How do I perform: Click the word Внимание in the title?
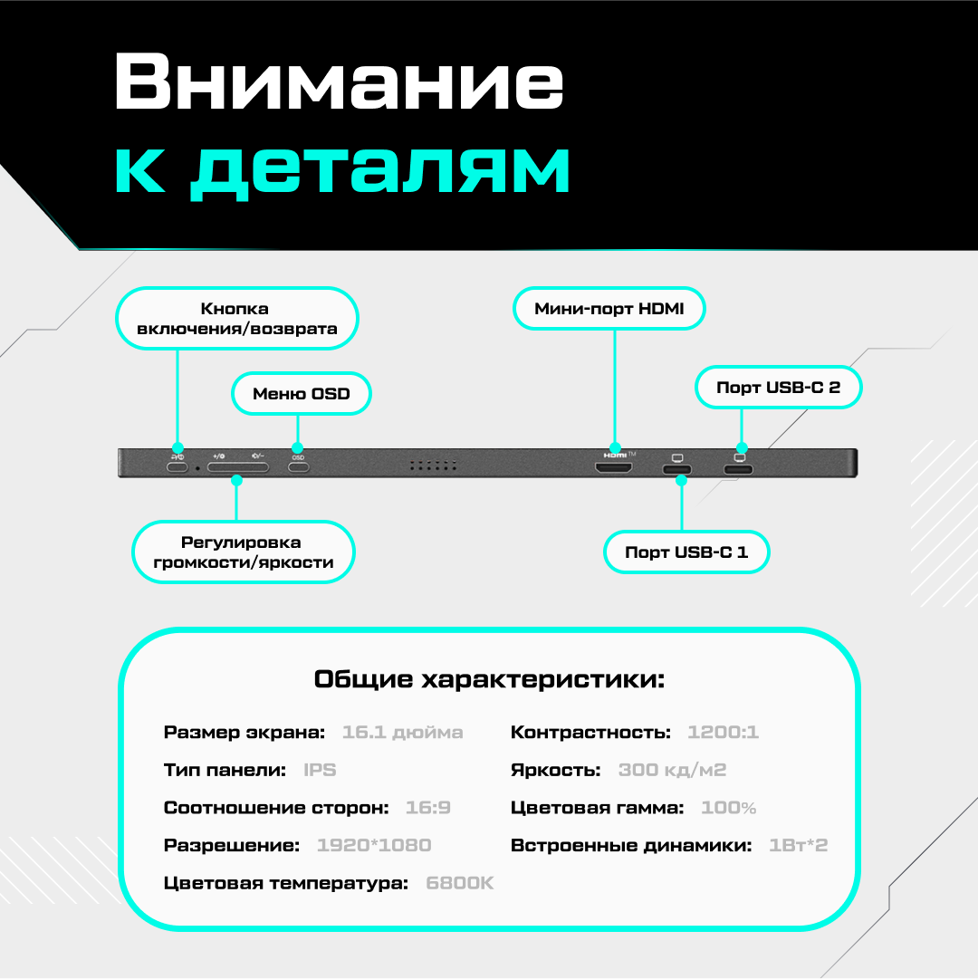tap(339, 83)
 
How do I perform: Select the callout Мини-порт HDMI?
tap(609, 309)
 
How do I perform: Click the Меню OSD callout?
tap(301, 394)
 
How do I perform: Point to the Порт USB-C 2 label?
tap(778, 388)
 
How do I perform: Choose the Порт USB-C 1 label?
tap(686, 552)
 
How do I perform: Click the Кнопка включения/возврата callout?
tap(237, 319)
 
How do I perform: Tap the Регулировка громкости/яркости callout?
tap(244, 552)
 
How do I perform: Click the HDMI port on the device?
tap(613, 468)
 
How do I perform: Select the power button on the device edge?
tap(177, 468)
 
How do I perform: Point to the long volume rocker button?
tap(238, 468)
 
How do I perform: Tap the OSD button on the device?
tap(298, 468)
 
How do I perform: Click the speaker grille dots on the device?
tap(432, 466)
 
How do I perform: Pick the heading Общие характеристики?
tap(489, 679)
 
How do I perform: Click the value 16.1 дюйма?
tap(402, 733)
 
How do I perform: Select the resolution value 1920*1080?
tap(374, 845)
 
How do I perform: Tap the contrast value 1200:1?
tap(723, 733)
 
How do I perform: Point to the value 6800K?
tap(460, 883)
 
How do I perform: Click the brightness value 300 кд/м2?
tap(672, 771)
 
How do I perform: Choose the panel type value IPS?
tap(320, 771)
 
